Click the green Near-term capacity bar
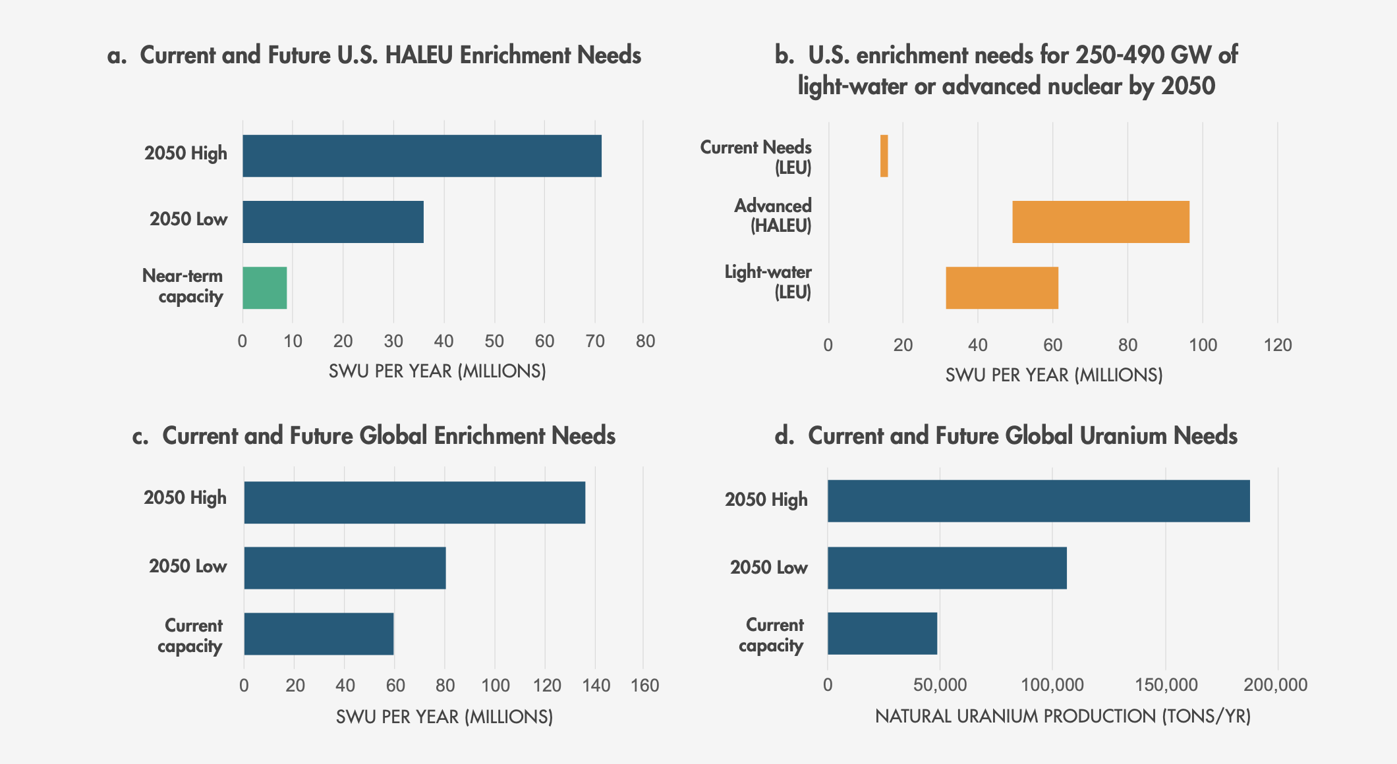[264, 288]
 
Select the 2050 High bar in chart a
[422, 156]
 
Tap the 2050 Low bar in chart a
[333, 222]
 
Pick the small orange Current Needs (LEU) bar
[884, 156]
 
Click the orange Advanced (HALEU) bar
[1100, 222]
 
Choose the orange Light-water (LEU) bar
[1002, 288]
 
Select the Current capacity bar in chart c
[318, 634]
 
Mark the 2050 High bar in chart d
[1039, 501]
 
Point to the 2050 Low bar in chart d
[947, 568]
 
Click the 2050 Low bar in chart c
[345, 568]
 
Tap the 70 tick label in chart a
[594, 341]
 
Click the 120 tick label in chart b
[1278, 345]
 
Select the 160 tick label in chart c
[644, 686]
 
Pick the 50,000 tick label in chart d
[940, 686]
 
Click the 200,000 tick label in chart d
[1276, 686]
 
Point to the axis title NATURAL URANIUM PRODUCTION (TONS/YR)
[1062, 717]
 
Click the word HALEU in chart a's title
[419, 55]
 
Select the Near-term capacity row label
[183, 286]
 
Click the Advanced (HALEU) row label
[773, 216]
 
